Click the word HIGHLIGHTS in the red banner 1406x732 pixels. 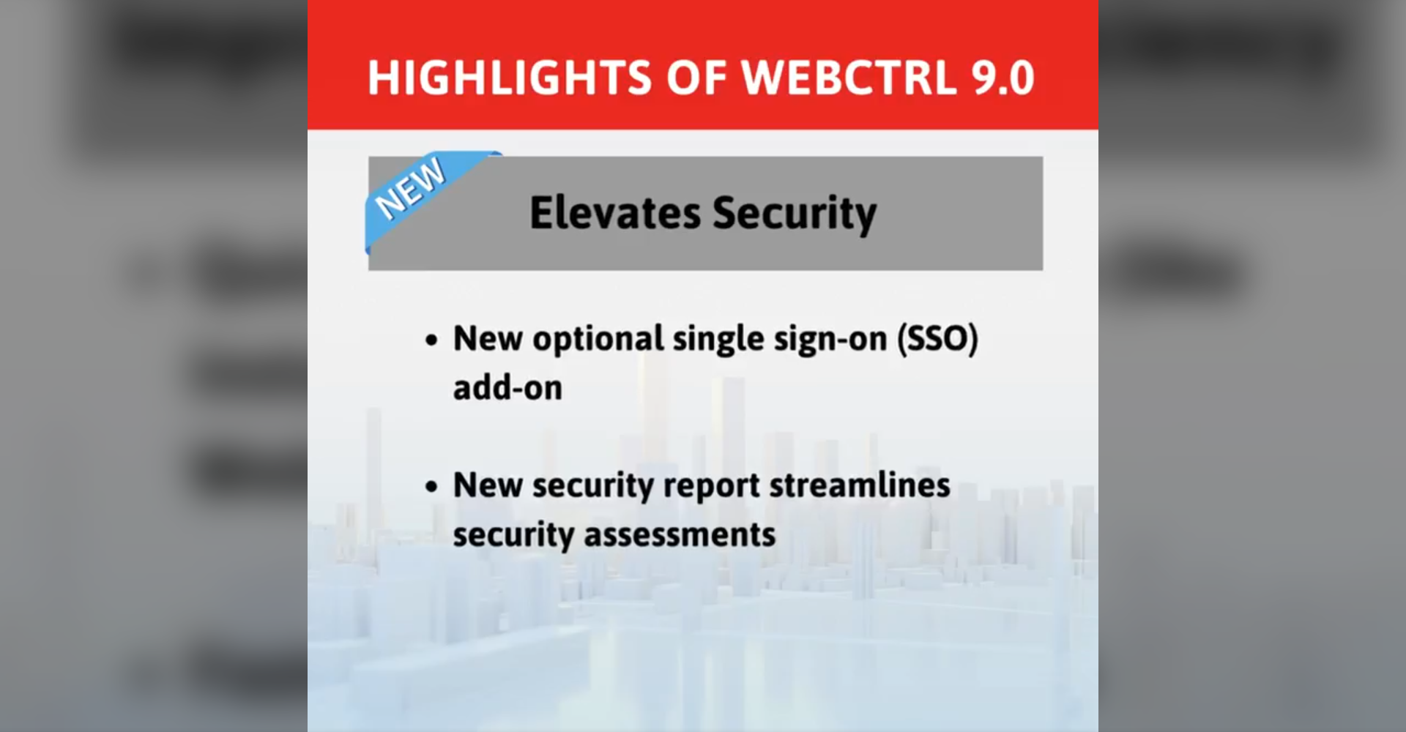[x=510, y=78]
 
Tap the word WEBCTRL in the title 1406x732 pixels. [x=849, y=78]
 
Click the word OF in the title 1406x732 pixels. [x=696, y=78]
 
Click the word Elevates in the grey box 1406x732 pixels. [x=615, y=213]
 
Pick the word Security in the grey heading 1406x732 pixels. [x=795, y=214]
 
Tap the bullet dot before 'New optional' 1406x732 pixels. [x=431, y=340]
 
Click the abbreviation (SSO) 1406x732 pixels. [x=938, y=339]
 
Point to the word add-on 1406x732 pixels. [x=507, y=388]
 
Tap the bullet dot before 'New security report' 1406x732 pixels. [x=431, y=487]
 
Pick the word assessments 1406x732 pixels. [x=680, y=535]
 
